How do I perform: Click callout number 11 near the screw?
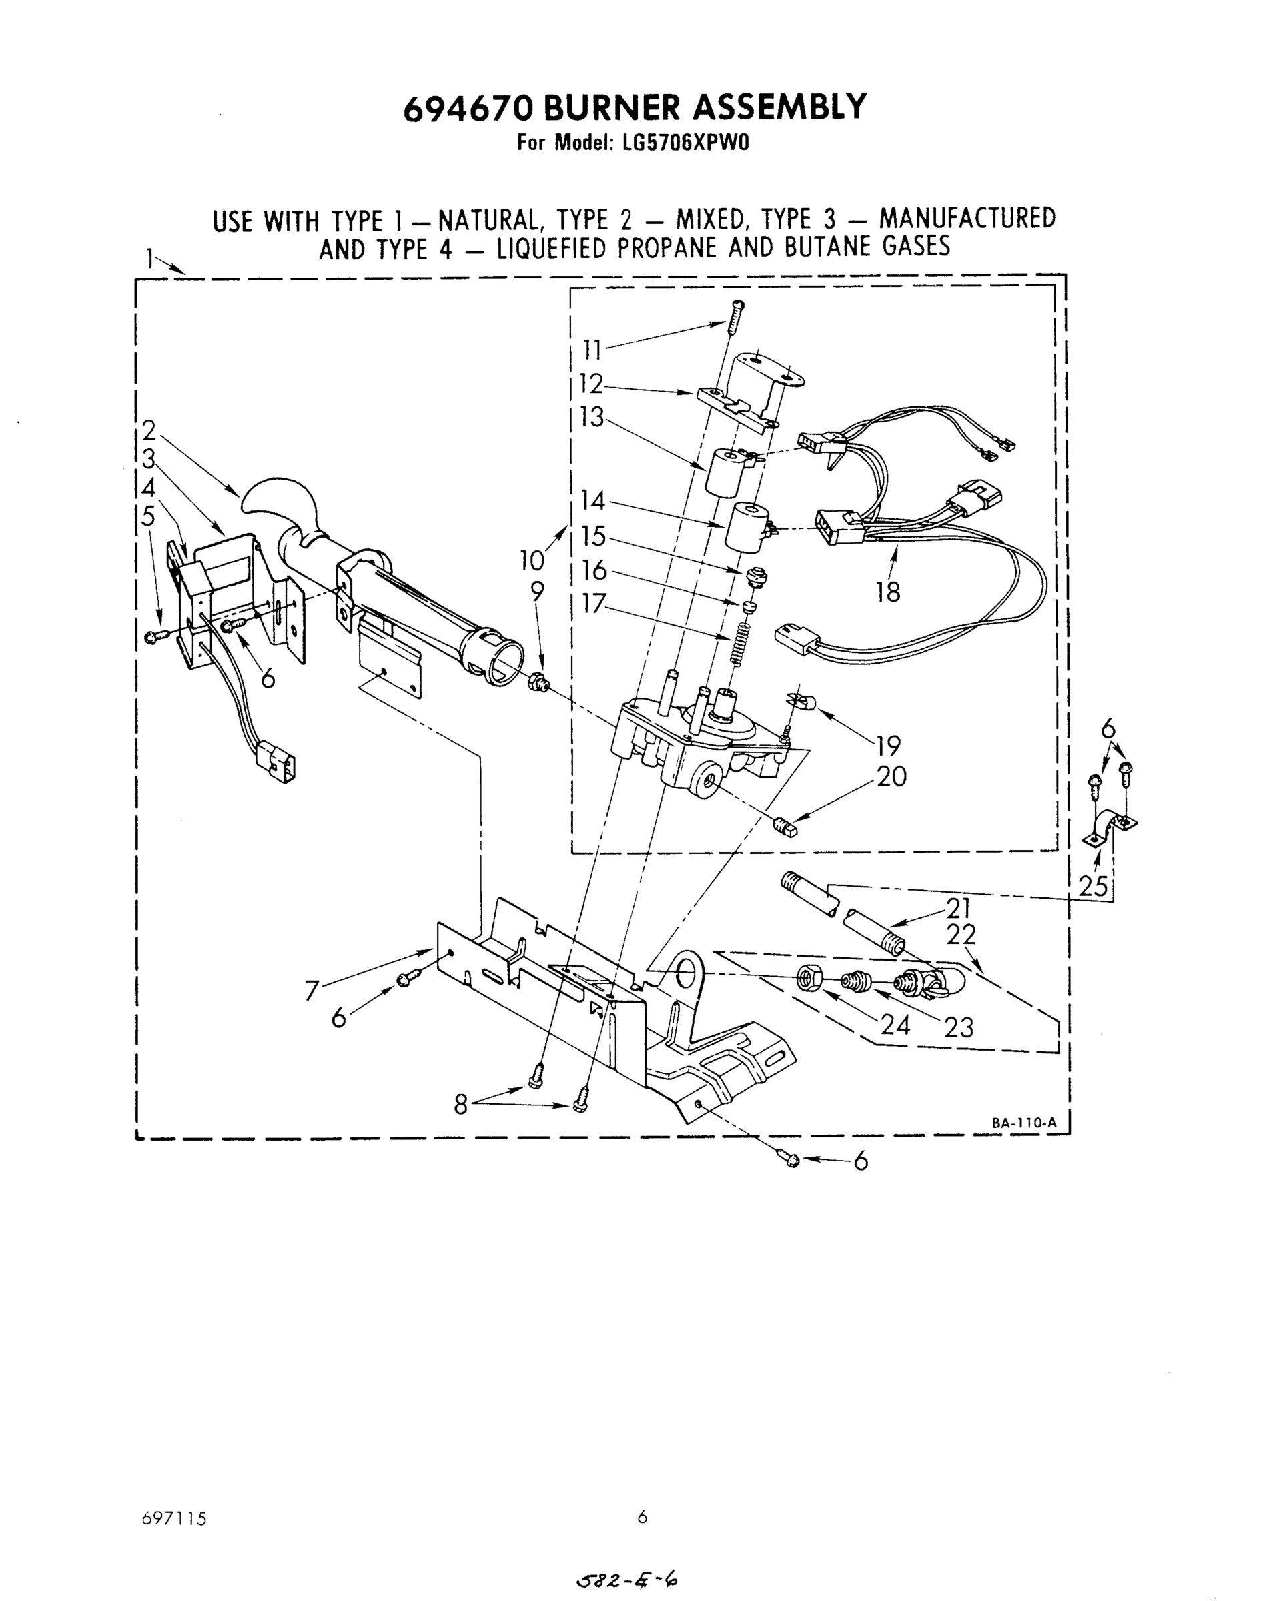593,349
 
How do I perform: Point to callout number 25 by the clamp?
1093,887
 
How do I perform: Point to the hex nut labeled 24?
808,979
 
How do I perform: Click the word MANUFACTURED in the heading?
967,219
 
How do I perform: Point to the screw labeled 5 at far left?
156,636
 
